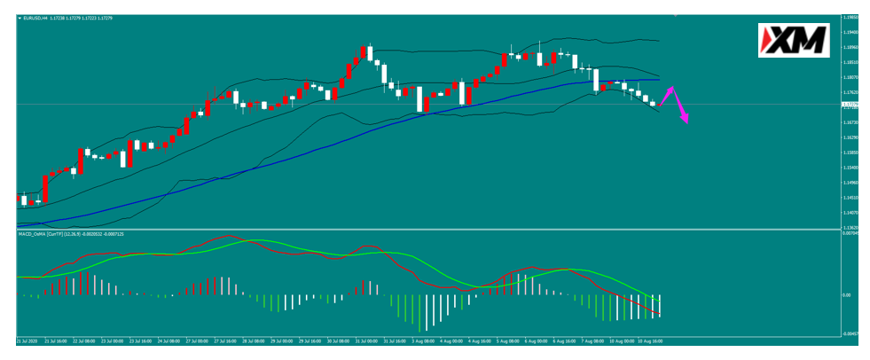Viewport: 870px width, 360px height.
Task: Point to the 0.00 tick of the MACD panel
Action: pos(846,294)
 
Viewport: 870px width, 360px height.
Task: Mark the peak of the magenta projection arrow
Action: pos(672,88)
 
